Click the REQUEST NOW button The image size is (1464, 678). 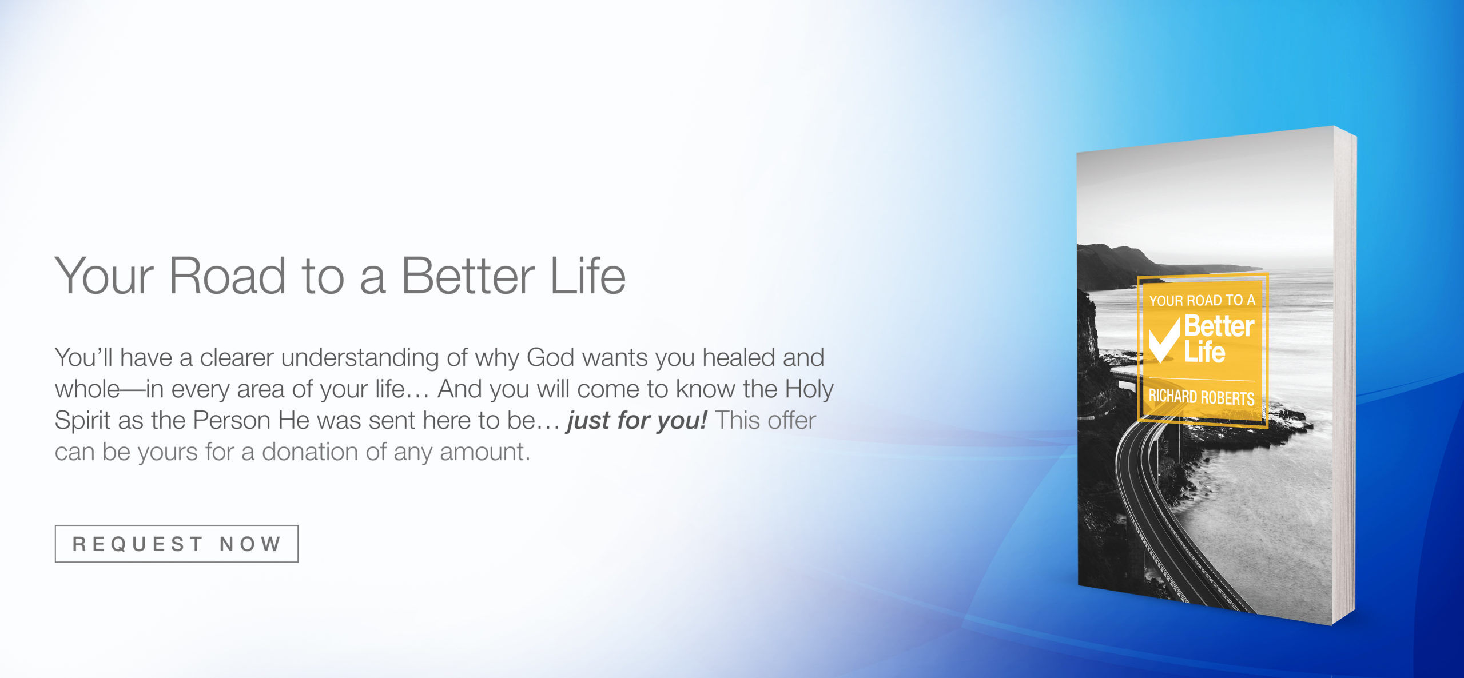point(176,543)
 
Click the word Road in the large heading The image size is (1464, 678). point(227,276)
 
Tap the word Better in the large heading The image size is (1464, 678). point(468,276)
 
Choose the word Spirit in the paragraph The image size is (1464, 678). point(82,421)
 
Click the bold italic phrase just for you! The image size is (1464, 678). point(637,421)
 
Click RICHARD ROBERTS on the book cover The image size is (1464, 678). point(1202,397)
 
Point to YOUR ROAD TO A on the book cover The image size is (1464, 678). point(1202,300)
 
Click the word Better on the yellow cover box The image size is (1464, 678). point(1219,326)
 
